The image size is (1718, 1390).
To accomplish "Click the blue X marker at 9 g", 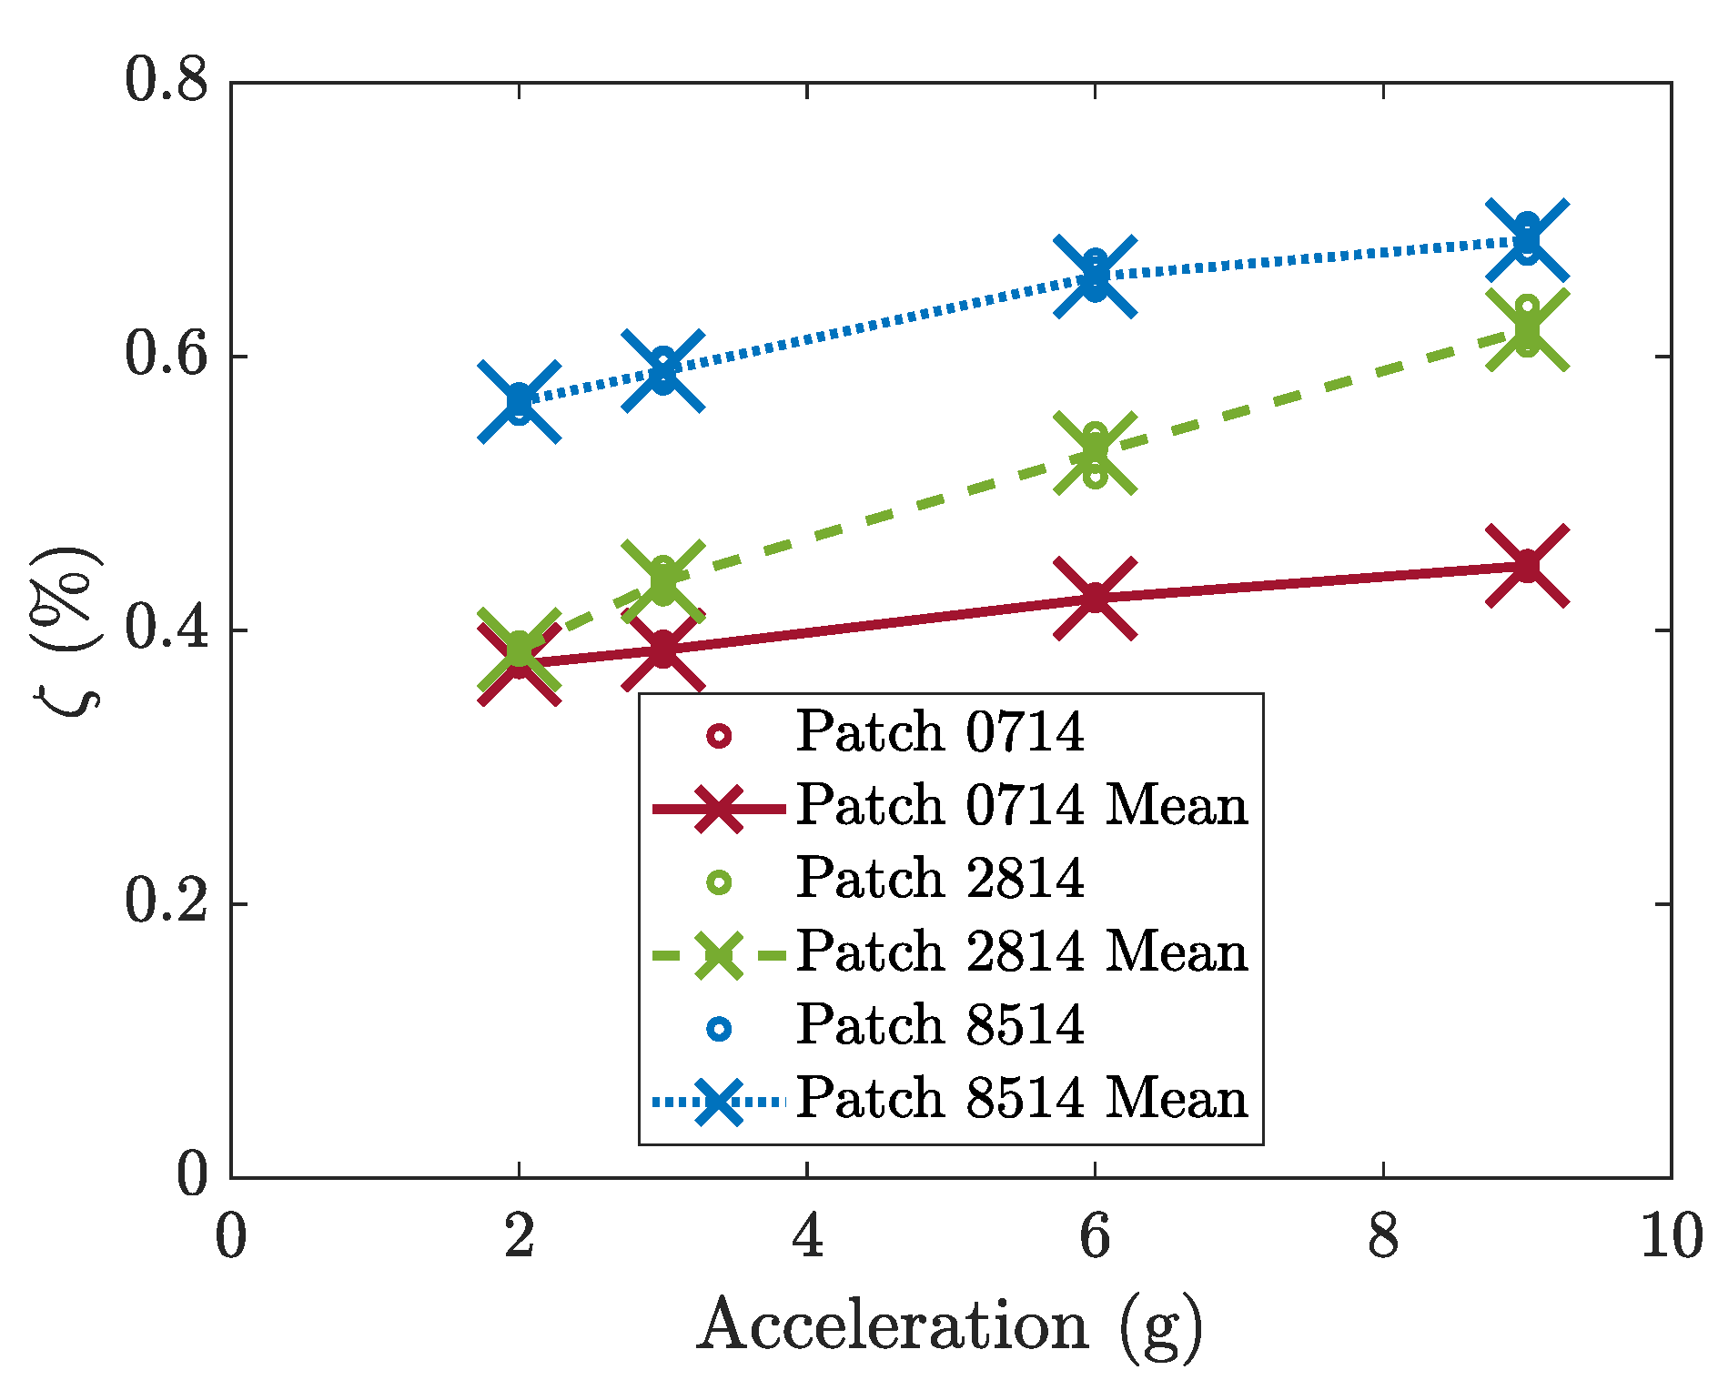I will point(1527,240).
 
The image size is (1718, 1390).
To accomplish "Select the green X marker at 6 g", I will point(1095,452).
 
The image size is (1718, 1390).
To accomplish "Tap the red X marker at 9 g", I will point(1527,566).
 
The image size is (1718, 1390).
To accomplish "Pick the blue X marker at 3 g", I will point(663,370).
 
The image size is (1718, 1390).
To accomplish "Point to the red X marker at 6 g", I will point(1095,598).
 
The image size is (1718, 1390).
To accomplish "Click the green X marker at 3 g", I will point(663,580).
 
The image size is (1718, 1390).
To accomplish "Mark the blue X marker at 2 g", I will point(520,401).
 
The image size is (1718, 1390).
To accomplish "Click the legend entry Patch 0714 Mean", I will point(1021,806).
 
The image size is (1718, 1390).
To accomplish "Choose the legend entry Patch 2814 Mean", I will point(1021,952).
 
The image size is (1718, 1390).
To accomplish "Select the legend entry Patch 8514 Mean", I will point(1021,1099).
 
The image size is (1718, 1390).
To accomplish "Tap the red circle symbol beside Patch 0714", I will point(719,735).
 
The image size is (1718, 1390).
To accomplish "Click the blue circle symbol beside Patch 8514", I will point(719,1028).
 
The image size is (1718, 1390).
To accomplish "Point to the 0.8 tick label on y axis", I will point(167,82).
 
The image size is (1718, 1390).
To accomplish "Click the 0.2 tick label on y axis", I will point(167,902).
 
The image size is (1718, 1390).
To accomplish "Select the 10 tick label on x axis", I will point(1671,1237).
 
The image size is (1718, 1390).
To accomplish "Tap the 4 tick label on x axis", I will point(807,1237).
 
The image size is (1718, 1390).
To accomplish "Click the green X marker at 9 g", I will point(1527,330).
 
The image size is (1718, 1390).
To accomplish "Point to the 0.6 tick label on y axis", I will point(167,356).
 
